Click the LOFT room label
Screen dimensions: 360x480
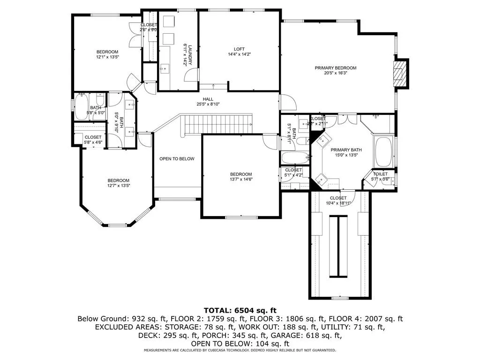[240, 49]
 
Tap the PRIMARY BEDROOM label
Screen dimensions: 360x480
[335, 68]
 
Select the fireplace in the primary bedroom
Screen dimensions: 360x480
[399, 74]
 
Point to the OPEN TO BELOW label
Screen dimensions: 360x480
[177, 159]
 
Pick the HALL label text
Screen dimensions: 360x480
[208, 99]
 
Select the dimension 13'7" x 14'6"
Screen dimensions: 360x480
[241, 180]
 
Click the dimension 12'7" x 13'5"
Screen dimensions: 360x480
[119, 186]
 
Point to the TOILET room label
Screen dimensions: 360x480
[380, 174]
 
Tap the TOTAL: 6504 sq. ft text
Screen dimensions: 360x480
[240, 310]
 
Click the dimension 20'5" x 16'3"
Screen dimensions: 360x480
[335, 73]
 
